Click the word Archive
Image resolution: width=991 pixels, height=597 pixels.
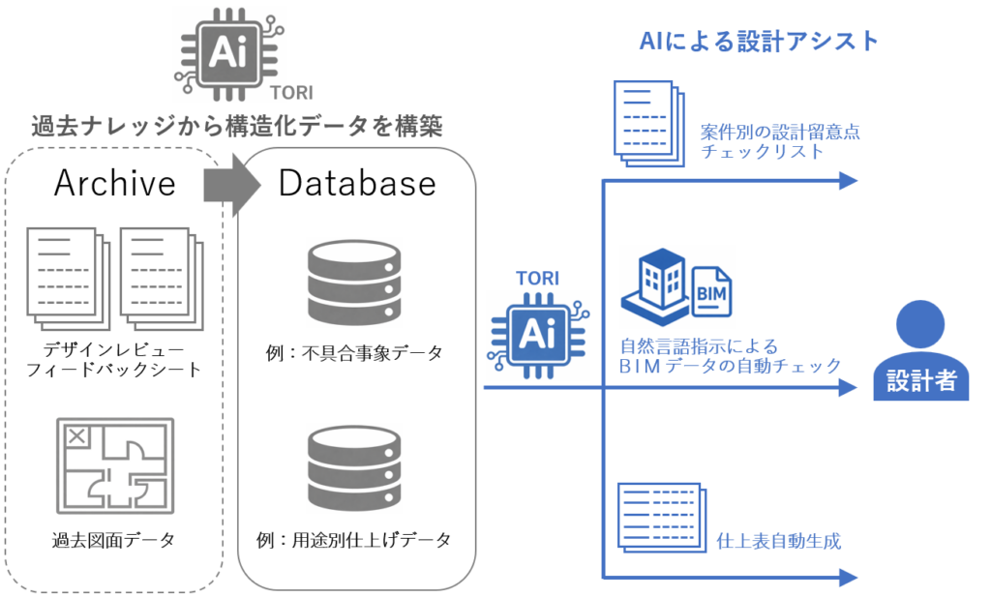click(115, 183)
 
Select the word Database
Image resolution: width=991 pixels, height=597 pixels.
click(357, 183)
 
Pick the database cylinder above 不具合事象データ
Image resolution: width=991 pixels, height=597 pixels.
click(353, 284)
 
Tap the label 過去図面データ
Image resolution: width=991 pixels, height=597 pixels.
click(114, 540)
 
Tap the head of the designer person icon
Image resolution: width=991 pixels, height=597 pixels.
click(920, 323)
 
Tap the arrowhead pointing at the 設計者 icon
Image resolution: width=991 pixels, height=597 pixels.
click(849, 388)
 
